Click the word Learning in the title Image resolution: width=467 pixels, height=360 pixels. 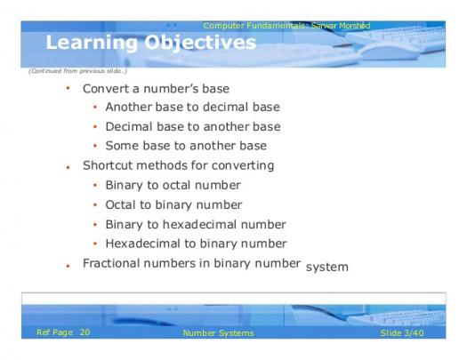(x=92, y=44)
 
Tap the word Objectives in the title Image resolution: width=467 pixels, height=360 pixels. (x=200, y=44)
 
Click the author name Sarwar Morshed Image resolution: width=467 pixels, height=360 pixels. (x=341, y=26)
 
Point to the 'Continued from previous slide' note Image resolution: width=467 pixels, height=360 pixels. (x=78, y=71)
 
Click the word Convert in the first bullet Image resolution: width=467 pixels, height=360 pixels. (x=107, y=89)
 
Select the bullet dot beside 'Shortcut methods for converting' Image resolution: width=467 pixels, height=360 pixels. (x=68, y=168)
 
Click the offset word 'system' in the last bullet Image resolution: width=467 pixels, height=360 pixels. (x=327, y=267)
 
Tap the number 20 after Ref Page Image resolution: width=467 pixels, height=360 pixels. (x=85, y=332)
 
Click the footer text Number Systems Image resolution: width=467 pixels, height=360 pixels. (x=218, y=333)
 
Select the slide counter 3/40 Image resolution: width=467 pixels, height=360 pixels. (x=413, y=333)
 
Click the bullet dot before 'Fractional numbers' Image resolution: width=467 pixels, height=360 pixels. (x=68, y=266)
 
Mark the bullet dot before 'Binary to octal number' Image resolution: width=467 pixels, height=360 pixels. (x=95, y=186)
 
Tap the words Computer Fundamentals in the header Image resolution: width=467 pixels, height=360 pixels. (x=254, y=26)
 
